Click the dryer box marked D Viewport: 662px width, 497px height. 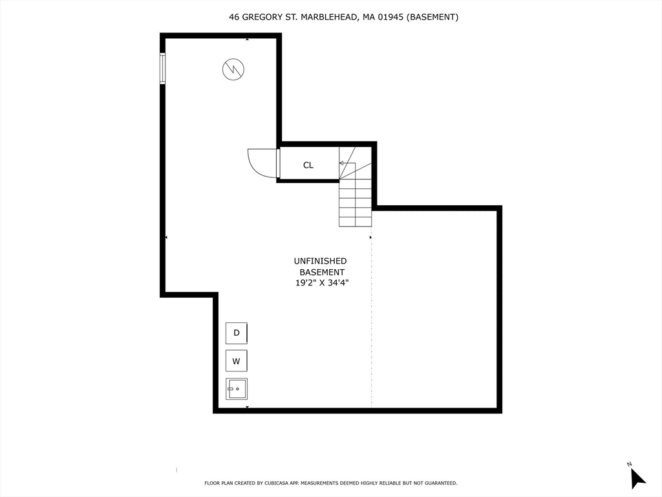coord(237,333)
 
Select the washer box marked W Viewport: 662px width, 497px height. coord(237,361)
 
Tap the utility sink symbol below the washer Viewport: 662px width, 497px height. coord(237,389)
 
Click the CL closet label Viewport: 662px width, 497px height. coord(308,165)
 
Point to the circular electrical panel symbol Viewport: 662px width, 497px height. coord(233,69)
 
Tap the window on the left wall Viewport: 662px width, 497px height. coord(162,69)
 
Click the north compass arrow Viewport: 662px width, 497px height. coord(637,479)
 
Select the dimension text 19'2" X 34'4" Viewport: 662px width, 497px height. coord(322,283)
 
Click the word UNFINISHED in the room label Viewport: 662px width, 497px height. coord(321,261)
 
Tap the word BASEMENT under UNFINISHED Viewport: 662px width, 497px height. coord(322,272)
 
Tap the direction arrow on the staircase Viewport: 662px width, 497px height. coord(347,163)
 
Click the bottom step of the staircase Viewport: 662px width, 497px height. coord(356,222)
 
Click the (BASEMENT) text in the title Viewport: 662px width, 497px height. coord(432,17)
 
